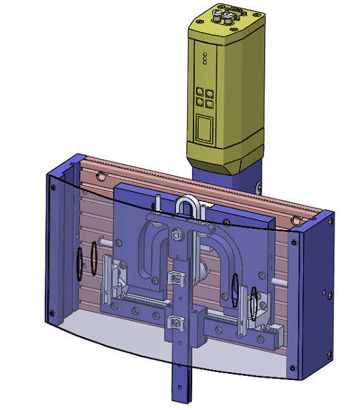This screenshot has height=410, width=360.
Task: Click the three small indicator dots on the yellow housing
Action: (205, 59)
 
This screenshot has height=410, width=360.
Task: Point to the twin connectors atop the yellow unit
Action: (223, 13)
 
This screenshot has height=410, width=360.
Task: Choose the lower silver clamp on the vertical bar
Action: (175, 324)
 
